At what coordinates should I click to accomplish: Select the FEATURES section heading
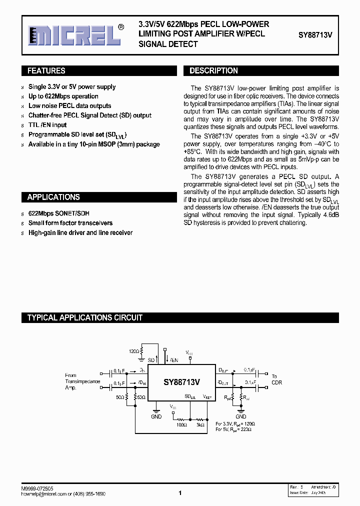(46, 71)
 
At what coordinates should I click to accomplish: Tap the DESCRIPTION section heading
(213, 71)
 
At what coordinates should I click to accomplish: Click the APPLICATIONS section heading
(53, 197)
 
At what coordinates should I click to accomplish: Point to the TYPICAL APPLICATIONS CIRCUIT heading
(84, 317)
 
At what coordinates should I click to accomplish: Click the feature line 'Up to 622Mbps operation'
(63, 96)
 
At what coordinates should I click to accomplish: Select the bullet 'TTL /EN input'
(47, 125)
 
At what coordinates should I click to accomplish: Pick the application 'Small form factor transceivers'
(70, 223)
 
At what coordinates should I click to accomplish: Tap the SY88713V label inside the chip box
(181, 382)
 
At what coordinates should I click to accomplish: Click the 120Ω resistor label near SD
(134, 351)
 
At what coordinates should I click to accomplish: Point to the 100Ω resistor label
(181, 425)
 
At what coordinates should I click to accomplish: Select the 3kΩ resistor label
(200, 425)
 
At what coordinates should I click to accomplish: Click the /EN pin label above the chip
(173, 360)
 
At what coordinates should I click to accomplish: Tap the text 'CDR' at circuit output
(276, 383)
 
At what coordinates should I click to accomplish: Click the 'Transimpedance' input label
(82, 381)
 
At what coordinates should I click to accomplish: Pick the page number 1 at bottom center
(179, 493)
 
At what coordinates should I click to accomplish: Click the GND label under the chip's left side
(156, 416)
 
